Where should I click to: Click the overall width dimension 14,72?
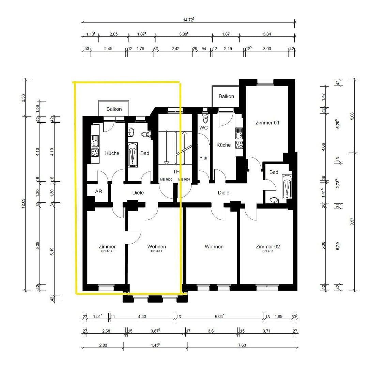pyautogui.click(x=188, y=20)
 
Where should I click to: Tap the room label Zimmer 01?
pyautogui.click(x=267, y=123)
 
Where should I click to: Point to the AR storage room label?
pyautogui.click(x=98, y=191)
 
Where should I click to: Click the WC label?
pyautogui.click(x=203, y=128)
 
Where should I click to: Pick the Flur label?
pyautogui.click(x=203, y=158)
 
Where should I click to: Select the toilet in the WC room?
pyautogui.click(x=205, y=119)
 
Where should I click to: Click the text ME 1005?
pyautogui.click(x=166, y=180)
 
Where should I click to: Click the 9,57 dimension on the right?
pyautogui.click(x=352, y=221)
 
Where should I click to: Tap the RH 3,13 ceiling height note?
pyautogui.click(x=107, y=251)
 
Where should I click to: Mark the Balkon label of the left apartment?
pyautogui.click(x=114, y=109)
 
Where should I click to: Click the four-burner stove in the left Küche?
pyautogui.click(x=95, y=152)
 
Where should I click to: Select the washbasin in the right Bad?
pyautogui.click(x=274, y=200)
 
